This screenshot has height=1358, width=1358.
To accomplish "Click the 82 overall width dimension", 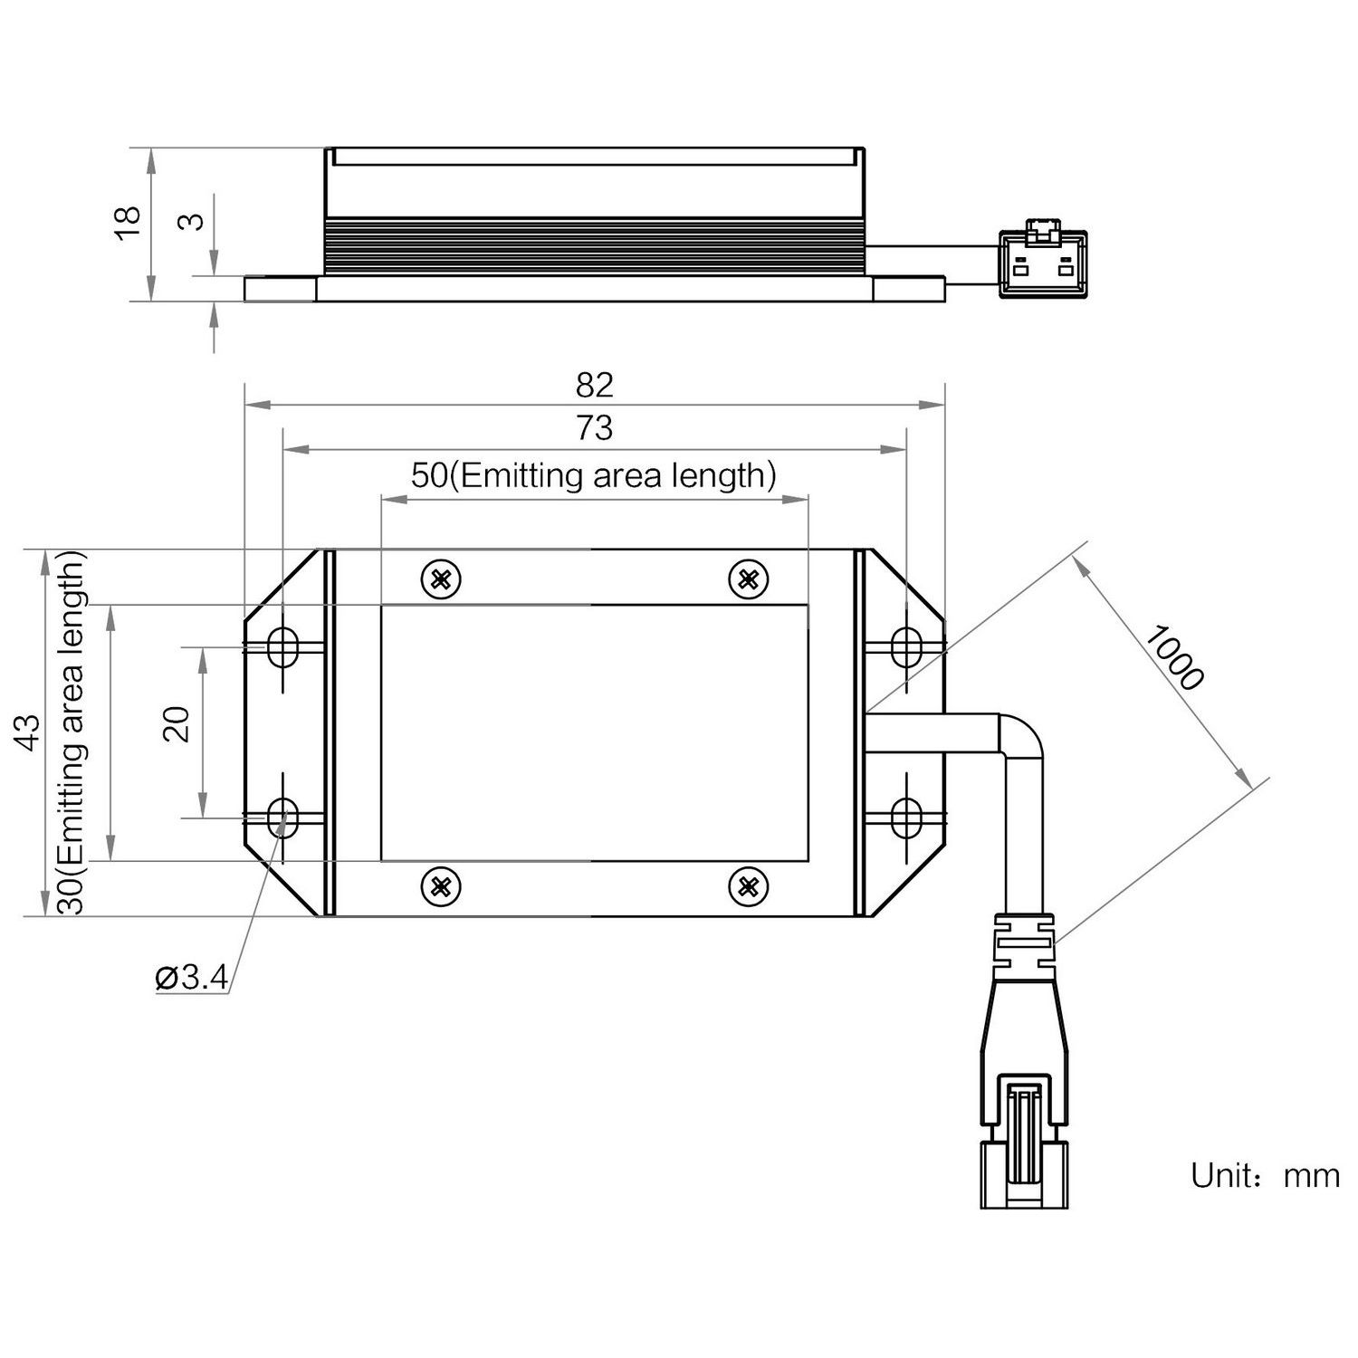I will pos(594,385).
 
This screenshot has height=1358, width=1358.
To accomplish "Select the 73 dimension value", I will pos(594,427).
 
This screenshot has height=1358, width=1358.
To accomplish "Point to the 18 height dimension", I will pos(128,222).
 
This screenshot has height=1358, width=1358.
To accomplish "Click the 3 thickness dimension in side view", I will pos(192,220).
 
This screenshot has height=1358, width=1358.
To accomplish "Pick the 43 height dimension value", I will pos(29,732).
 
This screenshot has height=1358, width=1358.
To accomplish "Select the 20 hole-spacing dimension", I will pos(177,724).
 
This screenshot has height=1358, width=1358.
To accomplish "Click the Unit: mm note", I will pos(1264,1176).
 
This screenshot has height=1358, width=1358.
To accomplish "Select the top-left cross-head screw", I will pos(441,579).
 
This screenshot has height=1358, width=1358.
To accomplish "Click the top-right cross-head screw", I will pos(748,579).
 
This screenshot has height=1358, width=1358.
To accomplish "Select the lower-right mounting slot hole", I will pos(905,818).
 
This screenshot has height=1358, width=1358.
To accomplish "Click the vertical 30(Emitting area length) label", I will pos(72,733).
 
